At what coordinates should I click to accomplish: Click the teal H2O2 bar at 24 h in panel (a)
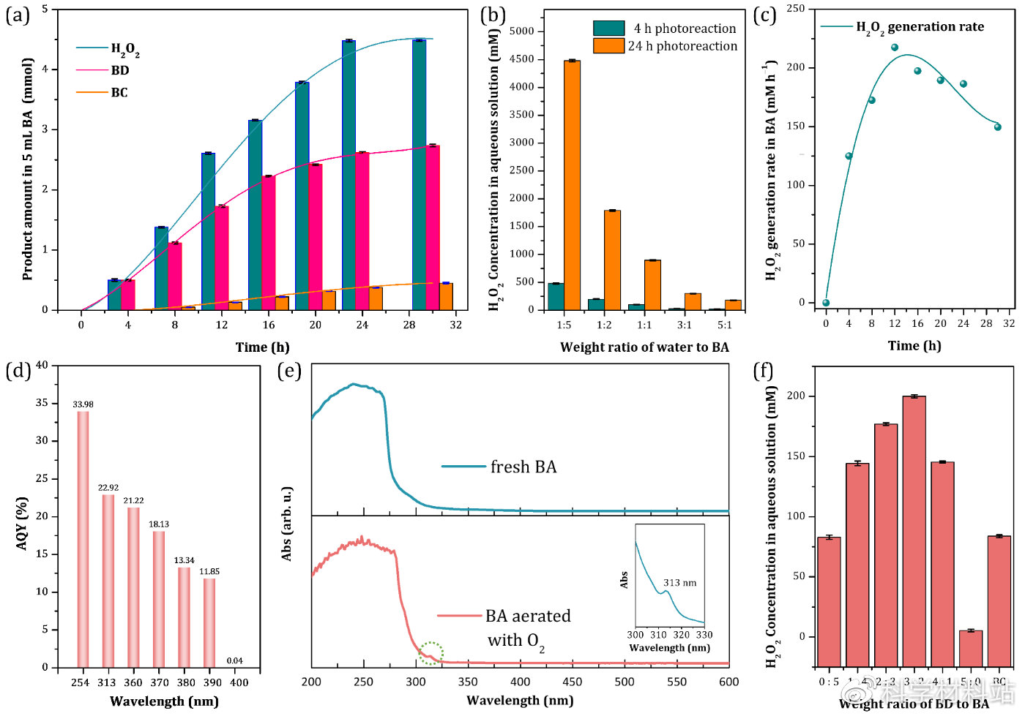click(x=348, y=176)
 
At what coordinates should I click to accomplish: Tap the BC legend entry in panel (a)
click(x=119, y=92)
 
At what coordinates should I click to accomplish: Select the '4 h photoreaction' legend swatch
click(x=608, y=29)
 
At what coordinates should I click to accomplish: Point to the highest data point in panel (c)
click(x=895, y=48)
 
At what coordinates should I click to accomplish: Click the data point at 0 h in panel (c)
click(x=826, y=303)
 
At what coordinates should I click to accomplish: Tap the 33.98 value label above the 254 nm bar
click(x=83, y=404)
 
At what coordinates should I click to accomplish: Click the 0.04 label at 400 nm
click(x=234, y=660)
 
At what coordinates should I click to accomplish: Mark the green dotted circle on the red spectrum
click(x=431, y=653)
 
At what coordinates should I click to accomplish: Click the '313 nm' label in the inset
click(x=679, y=583)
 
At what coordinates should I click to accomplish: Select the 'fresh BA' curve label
click(x=523, y=467)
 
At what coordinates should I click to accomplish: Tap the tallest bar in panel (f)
click(x=914, y=530)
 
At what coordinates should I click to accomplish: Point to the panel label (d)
click(x=18, y=371)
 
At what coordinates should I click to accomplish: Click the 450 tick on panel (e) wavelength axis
click(x=573, y=682)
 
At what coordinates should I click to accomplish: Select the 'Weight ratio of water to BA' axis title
click(x=644, y=347)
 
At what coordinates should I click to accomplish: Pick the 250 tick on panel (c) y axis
click(x=796, y=9)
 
